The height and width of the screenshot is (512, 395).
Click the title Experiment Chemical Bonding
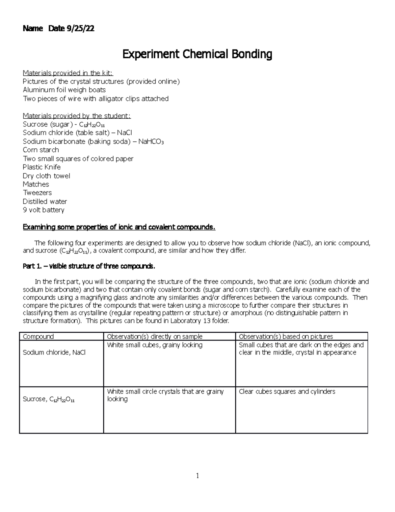(x=197, y=54)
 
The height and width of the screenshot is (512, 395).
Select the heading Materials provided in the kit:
(x=68, y=73)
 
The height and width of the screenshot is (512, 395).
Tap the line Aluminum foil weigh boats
(x=64, y=90)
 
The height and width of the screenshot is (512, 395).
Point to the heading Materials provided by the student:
(x=77, y=116)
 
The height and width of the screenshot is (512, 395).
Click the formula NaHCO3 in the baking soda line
(x=151, y=141)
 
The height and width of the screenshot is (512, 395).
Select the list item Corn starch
(x=41, y=150)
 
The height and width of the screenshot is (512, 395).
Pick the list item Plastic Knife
(x=42, y=167)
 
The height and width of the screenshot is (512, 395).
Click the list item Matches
(x=36, y=184)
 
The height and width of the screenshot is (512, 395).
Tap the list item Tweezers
(x=37, y=193)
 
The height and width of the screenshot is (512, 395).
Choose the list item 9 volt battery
(x=43, y=210)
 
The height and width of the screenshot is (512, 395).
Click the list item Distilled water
(x=45, y=201)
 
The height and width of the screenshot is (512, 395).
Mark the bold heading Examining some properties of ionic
(x=119, y=227)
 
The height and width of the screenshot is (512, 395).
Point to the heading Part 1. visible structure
(x=89, y=266)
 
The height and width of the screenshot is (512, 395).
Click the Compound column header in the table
(x=38, y=337)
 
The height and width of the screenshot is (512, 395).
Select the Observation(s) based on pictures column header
(x=286, y=337)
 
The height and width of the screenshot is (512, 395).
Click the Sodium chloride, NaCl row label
(x=54, y=352)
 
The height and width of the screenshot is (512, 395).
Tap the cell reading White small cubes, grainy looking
(x=155, y=345)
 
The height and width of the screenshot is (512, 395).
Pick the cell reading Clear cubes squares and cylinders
(x=287, y=392)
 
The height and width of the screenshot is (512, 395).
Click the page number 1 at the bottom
(x=197, y=476)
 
